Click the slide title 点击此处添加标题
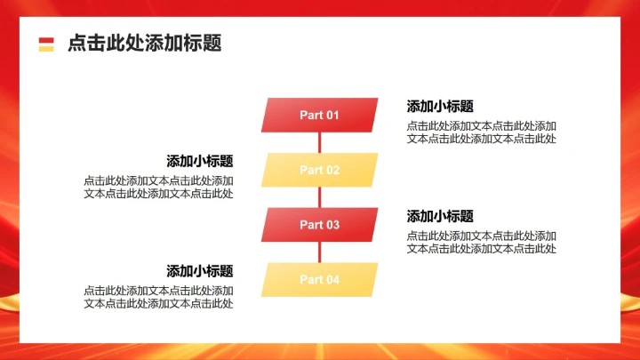pos(144,43)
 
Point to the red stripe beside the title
pos(46,39)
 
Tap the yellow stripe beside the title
pos(46,48)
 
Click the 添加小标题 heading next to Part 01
pos(440,106)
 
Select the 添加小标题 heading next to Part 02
pos(200,161)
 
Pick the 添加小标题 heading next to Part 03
pos(440,216)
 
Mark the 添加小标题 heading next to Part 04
pos(200,271)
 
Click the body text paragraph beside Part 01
pos(482,132)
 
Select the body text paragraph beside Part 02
pos(159,187)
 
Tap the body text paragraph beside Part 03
pos(482,242)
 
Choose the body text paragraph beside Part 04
pos(159,297)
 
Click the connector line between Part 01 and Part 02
pos(319,142)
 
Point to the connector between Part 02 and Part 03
pos(319,197)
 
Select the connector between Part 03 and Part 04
pos(319,252)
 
